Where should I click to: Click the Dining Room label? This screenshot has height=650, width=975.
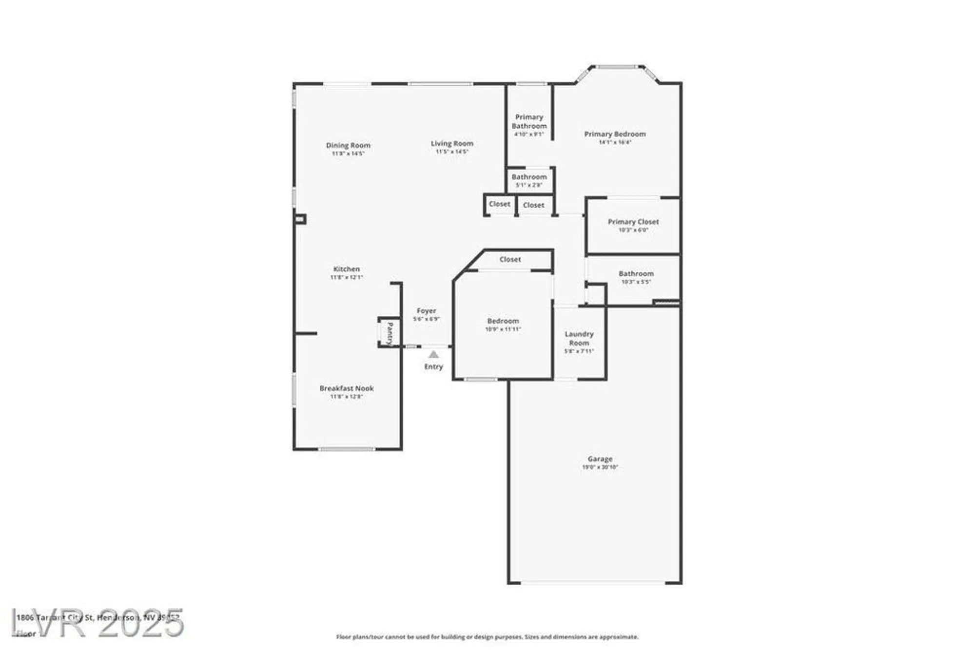348,145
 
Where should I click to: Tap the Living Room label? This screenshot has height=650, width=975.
452,143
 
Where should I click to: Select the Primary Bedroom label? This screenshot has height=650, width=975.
615,134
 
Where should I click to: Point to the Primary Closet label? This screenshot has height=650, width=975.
633,222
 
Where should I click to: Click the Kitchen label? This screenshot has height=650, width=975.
347,269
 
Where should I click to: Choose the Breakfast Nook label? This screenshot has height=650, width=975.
347,388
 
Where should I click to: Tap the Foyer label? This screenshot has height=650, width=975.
426,311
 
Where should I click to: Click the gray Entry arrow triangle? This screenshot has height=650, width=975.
433,355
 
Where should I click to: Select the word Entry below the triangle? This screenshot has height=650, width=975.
433,366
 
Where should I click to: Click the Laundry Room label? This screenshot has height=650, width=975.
579,338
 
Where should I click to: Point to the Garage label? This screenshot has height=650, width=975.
600,459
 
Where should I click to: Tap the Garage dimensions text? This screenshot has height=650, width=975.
600,467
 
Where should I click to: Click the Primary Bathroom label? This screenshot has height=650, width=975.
529,121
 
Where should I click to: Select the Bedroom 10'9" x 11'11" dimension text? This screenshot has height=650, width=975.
503,329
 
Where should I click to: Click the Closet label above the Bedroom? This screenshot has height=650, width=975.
510,260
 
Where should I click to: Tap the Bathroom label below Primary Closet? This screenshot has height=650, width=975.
636,274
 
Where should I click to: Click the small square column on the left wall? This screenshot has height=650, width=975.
300,219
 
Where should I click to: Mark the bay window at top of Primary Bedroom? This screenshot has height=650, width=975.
617,67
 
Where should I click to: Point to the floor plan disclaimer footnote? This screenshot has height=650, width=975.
487,637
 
